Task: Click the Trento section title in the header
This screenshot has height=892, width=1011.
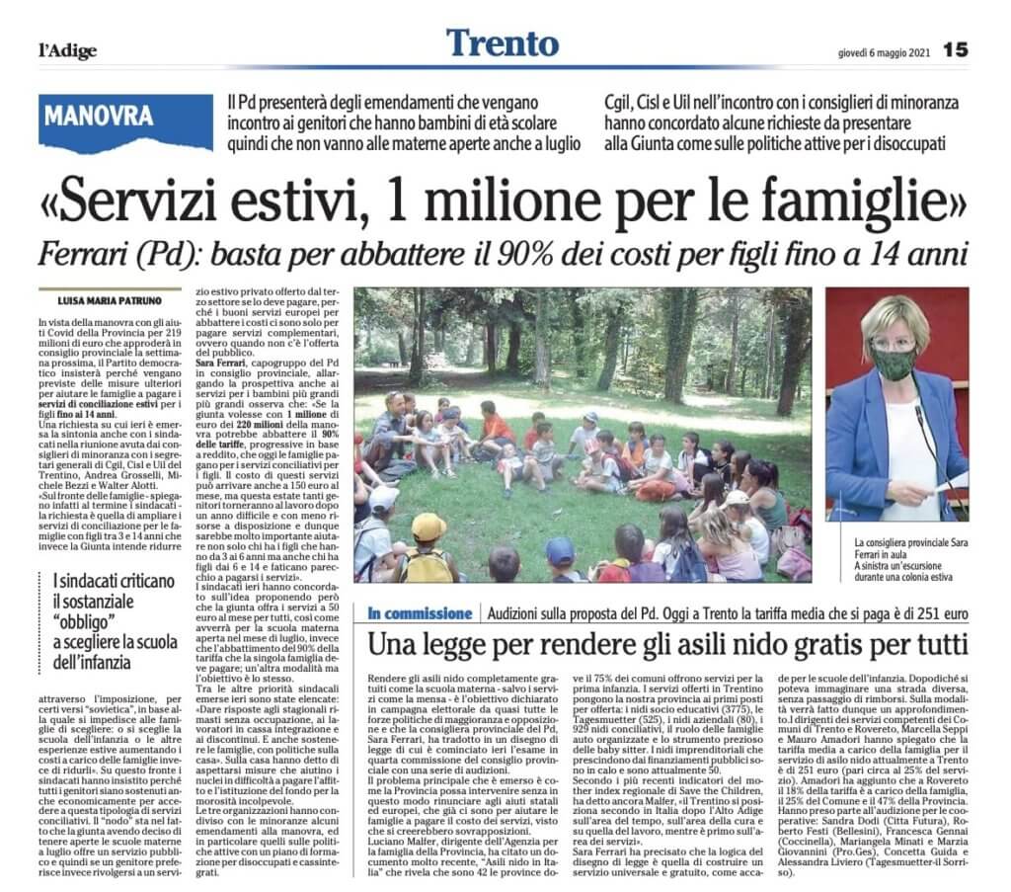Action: [x=502, y=42]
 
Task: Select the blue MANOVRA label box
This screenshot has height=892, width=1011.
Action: [x=100, y=117]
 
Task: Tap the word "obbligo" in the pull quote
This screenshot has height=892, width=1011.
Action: [x=88, y=623]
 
